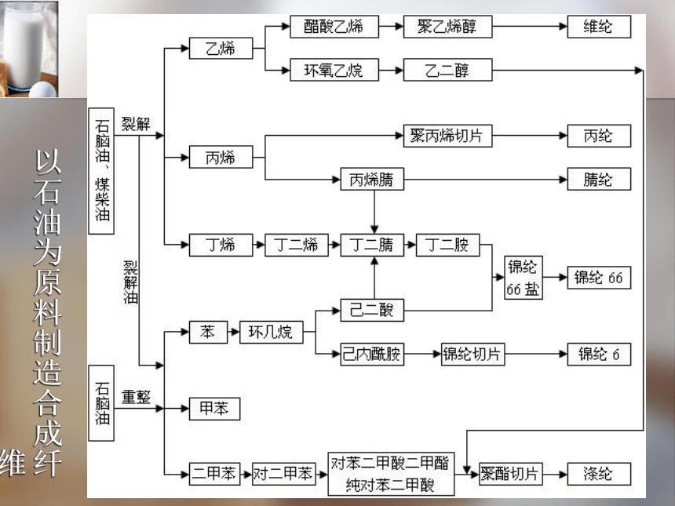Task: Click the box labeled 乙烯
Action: click(x=221, y=48)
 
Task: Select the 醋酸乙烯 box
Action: click(x=334, y=27)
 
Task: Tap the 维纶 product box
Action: click(x=599, y=27)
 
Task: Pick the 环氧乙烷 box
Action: click(x=334, y=70)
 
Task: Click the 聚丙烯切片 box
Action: click(x=447, y=136)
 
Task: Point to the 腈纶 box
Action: click(x=599, y=179)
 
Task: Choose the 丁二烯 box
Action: click(x=296, y=245)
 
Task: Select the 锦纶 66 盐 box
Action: click(x=523, y=278)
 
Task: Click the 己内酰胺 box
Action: click(x=372, y=354)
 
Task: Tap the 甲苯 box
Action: click(x=214, y=408)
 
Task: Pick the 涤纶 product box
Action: click(x=599, y=474)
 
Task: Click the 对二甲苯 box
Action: click(x=283, y=474)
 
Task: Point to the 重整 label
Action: click(x=136, y=396)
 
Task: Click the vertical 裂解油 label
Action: click(x=130, y=282)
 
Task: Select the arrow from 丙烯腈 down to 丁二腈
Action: click(x=374, y=212)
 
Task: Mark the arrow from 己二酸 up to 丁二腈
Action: click(x=374, y=278)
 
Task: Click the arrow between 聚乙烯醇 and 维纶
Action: click(x=530, y=26)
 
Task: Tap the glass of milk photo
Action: click(x=29, y=49)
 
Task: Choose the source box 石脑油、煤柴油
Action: click(x=101, y=171)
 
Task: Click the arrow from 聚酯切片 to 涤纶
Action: click(x=555, y=474)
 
